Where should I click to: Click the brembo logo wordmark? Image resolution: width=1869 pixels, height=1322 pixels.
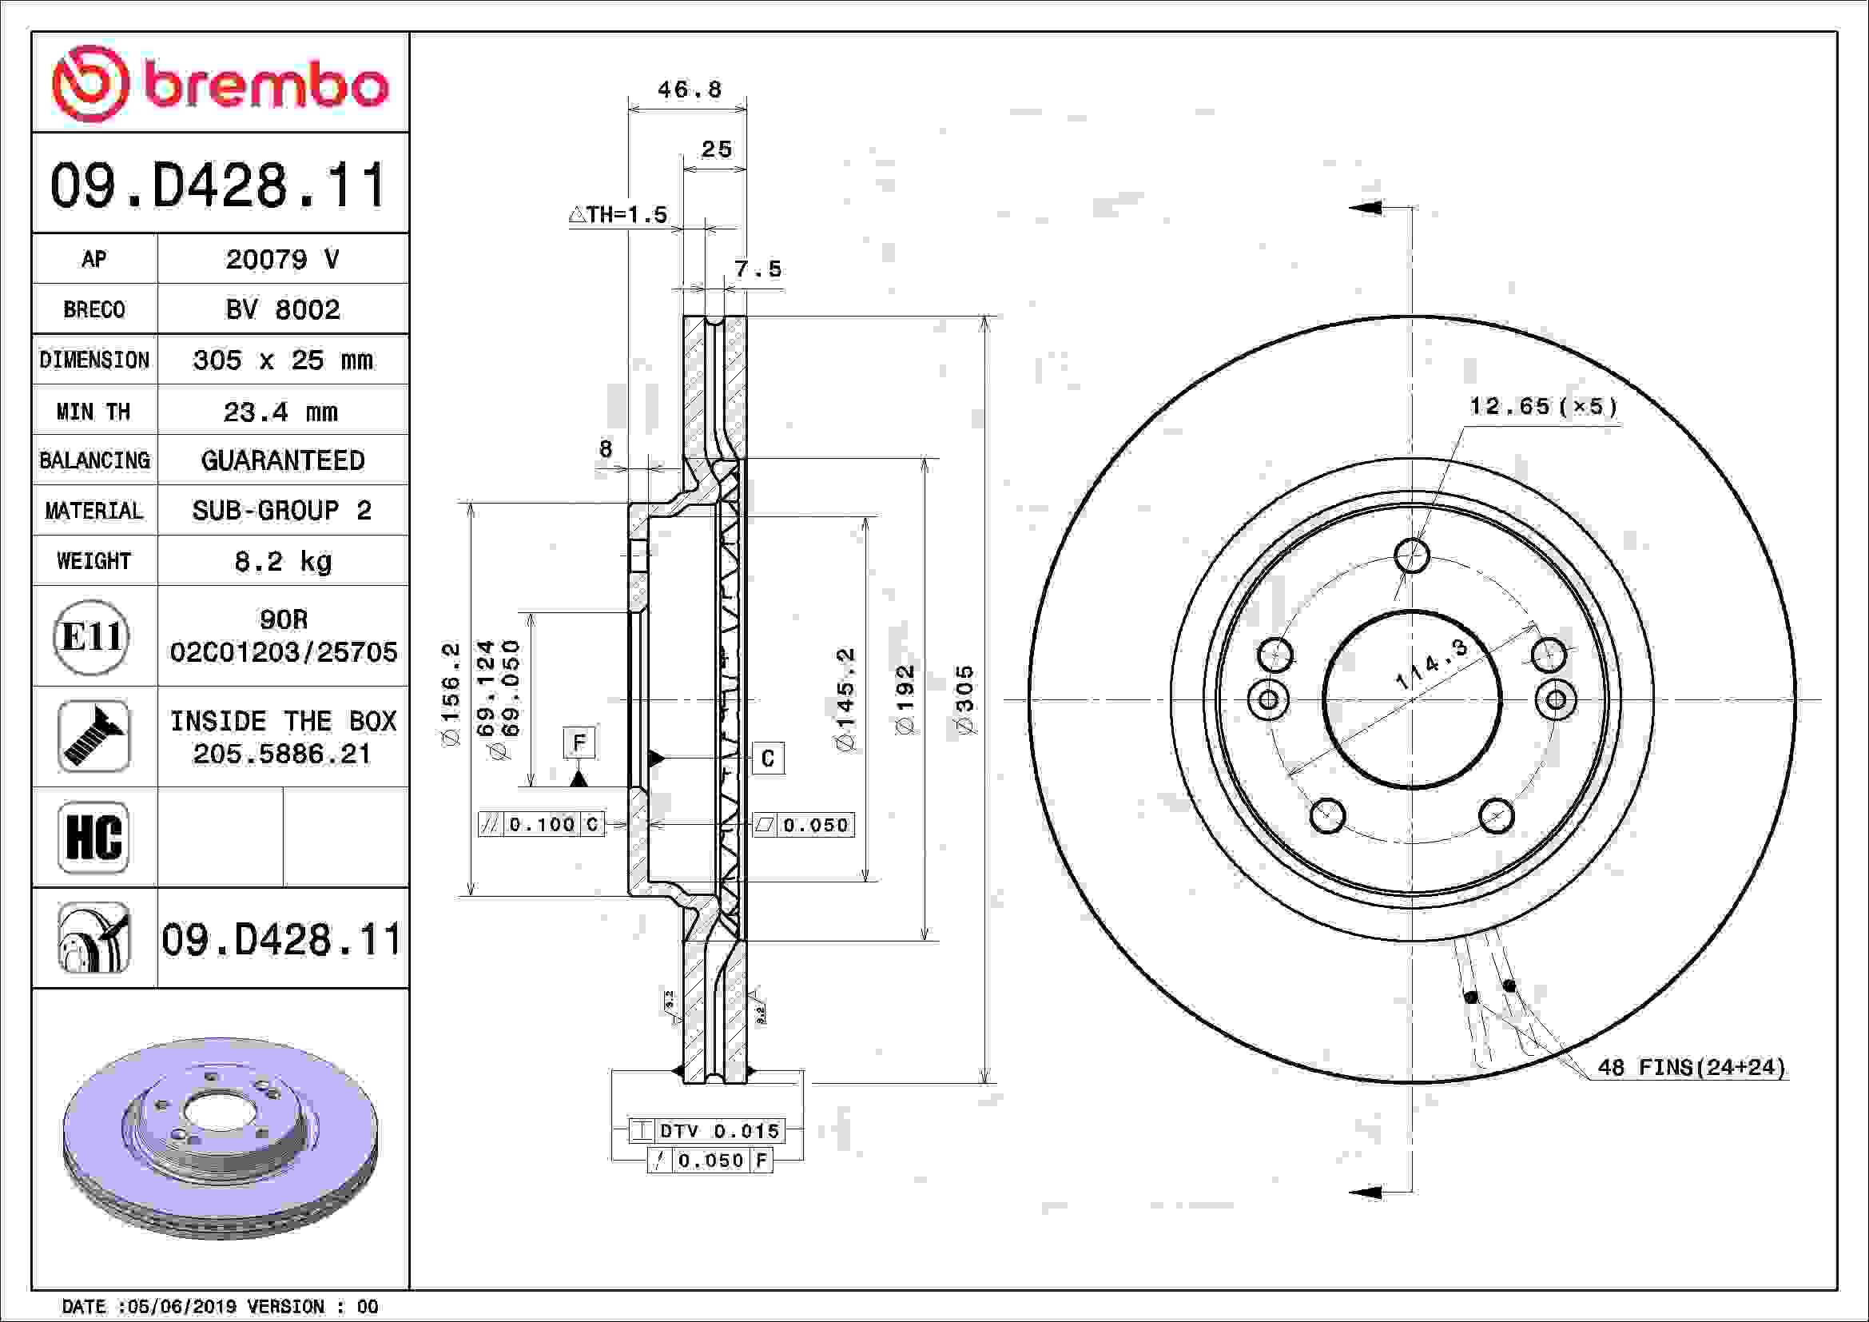tap(266, 86)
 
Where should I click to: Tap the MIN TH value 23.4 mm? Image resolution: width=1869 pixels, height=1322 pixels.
tap(280, 412)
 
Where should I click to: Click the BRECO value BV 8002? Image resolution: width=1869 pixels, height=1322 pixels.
tap(282, 309)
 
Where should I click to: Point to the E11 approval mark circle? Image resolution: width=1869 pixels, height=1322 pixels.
tap(91, 636)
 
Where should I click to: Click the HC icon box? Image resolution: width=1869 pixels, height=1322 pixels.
tap(93, 837)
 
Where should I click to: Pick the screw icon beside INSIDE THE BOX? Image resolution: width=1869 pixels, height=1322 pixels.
tap(93, 736)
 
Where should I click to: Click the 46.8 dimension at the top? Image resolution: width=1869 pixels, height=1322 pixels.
tap(690, 89)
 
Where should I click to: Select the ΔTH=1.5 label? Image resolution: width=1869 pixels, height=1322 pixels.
tap(618, 215)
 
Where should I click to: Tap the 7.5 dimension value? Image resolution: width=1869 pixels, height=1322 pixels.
tap(758, 269)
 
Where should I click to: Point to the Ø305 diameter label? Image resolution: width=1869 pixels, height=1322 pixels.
tap(964, 700)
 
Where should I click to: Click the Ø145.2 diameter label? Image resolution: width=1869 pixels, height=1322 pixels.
tap(845, 699)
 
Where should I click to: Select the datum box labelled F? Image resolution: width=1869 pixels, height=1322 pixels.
tap(579, 743)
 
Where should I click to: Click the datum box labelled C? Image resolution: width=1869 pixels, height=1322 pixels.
tap(768, 759)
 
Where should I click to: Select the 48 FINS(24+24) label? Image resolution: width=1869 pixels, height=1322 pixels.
tap(1692, 1066)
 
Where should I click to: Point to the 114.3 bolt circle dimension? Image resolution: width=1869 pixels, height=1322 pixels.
tap(1431, 664)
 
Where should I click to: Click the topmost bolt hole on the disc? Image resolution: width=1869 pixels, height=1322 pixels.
tap(1411, 556)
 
